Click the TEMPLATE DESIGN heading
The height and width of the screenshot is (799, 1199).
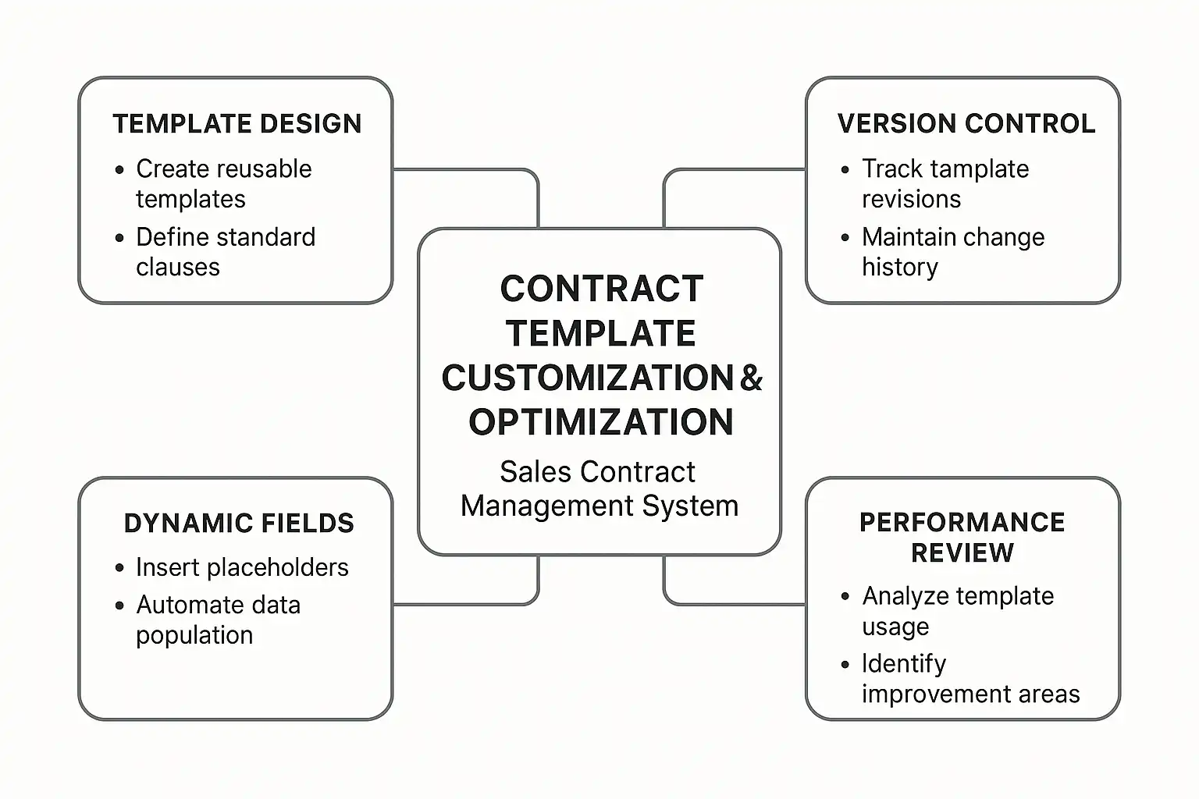coord(237,124)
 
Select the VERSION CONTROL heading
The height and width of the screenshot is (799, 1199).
coord(966,124)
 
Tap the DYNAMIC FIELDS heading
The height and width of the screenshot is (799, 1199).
coord(239,524)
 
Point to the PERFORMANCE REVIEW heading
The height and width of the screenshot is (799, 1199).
coord(962,537)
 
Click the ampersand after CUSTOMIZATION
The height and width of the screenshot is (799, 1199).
coord(751,378)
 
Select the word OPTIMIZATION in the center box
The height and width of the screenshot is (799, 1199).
coord(601,422)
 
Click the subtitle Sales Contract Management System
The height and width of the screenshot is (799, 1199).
coord(599,488)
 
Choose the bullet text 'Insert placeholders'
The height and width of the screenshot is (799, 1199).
coord(242,567)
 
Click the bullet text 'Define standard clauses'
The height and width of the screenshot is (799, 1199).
coord(225,251)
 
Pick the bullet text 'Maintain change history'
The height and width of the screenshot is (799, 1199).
coord(952,251)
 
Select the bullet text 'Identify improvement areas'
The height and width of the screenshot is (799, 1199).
coord(970,678)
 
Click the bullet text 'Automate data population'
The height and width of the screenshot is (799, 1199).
coord(218,620)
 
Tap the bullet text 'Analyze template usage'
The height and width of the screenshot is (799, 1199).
coord(958,610)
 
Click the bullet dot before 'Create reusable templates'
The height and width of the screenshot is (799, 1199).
coord(119,170)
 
